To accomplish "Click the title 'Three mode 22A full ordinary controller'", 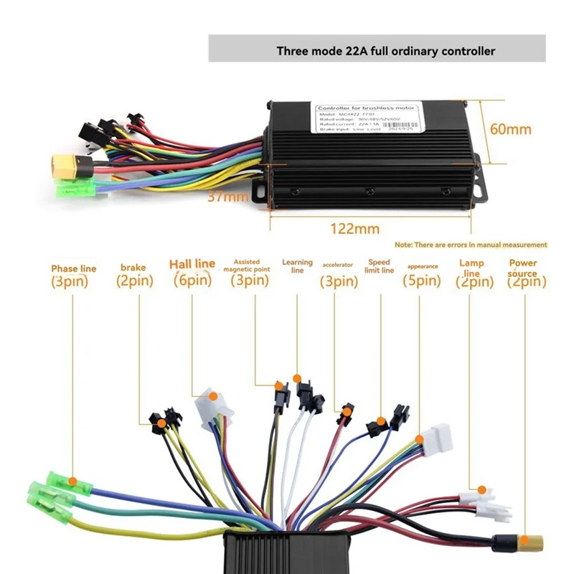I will (385, 51).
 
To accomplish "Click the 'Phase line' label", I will (73, 268).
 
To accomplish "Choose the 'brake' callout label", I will (133, 268).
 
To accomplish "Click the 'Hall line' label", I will (192, 264).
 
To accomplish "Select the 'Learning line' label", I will (297, 266).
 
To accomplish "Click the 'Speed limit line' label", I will (380, 266).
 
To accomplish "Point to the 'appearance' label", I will (423, 267).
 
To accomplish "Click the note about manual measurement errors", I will (471, 245).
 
